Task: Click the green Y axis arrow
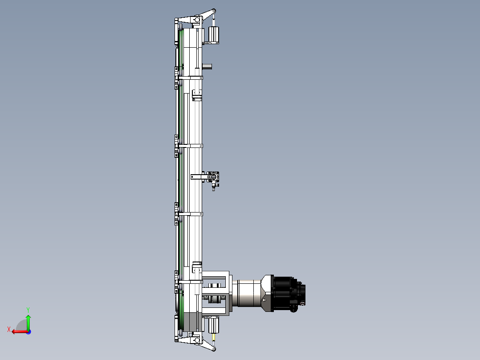click(28, 322)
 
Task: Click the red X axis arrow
click(20, 331)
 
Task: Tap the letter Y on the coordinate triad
click(28, 310)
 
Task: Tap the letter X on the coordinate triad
click(9, 329)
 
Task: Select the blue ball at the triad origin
click(28, 332)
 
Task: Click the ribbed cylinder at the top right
click(214, 34)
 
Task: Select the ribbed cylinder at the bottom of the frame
click(214, 325)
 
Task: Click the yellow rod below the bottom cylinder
click(214, 338)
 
